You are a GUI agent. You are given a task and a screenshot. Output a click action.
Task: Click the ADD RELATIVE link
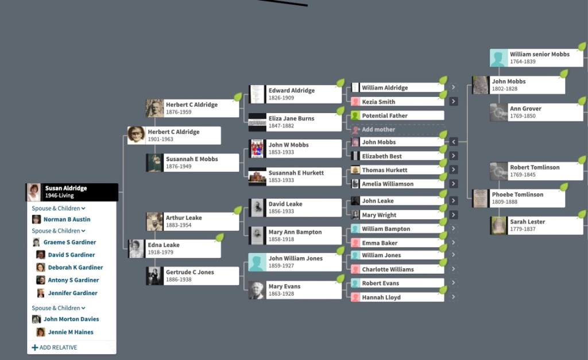point(55,347)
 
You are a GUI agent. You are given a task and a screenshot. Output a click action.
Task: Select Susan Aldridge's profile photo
point(34,192)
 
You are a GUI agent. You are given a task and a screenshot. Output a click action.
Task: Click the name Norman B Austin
point(67,219)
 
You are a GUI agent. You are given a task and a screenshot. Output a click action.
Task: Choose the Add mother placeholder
point(378,130)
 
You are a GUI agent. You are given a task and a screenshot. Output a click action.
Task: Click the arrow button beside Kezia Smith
point(454,102)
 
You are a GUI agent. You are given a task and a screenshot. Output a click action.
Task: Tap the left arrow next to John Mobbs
point(454,142)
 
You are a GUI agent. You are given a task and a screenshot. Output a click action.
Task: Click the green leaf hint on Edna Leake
point(219,238)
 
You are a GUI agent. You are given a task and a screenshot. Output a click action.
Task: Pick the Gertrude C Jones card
point(192,276)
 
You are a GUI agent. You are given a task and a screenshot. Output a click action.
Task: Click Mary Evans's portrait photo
point(257,290)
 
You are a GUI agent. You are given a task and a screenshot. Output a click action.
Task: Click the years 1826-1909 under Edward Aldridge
point(281,98)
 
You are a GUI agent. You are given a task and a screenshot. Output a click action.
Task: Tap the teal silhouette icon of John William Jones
point(257,262)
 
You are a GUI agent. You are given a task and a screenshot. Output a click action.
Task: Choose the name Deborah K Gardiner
point(75,268)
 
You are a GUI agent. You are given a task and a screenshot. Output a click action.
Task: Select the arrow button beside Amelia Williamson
point(454,184)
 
